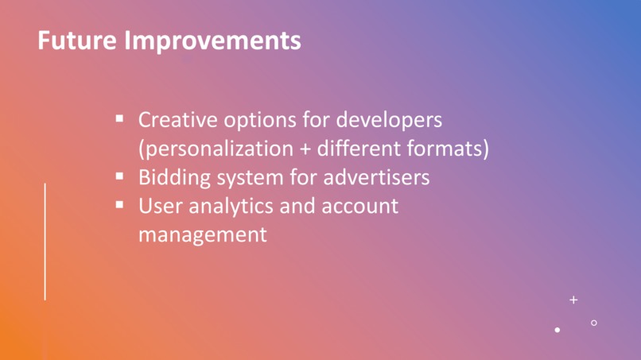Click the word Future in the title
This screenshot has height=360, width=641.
click(77, 40)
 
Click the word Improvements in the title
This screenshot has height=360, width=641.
click(212, 41)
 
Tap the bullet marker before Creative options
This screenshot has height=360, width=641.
click(119, 119)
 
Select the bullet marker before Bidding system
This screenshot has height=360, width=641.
click(119, 176)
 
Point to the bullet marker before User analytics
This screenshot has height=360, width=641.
click(119, 205)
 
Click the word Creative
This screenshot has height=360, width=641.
click(178, 120)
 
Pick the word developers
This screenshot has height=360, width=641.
click(389, 121)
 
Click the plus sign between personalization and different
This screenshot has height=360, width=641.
click(305, 149)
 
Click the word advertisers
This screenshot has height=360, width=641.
click(376, 178)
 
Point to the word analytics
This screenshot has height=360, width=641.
click(231, 207)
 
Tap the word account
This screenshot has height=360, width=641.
click(359, 207)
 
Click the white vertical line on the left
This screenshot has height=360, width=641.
click(45, 242)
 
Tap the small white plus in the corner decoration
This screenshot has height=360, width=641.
click(573, 300)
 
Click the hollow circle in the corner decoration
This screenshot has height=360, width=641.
click(594, 320)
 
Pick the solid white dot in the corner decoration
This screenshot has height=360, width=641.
click(557, 330)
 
